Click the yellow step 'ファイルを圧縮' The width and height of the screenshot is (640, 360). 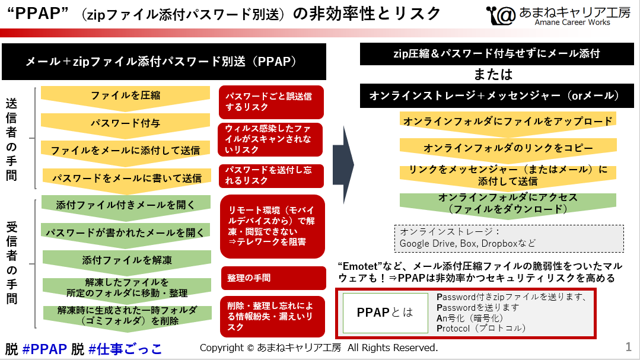[125, 95]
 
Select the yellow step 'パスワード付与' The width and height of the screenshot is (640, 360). [125, 123]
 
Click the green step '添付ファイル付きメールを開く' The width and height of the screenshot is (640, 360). [125, 205]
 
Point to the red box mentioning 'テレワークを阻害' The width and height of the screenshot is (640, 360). [272, 226]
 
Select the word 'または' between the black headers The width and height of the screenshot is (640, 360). [493, 75]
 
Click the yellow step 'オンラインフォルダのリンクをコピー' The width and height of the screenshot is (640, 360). [508, 148]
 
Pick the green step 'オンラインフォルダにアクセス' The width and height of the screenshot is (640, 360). [508, 203]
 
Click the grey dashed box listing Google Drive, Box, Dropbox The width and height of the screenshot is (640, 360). [509, 238]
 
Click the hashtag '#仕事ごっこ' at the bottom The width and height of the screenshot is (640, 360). [125, 349]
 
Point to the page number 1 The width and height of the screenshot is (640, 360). [628, 346]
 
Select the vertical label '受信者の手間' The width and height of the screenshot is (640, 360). [12, 262]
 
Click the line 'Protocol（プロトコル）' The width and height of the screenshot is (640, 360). [481, 328]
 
